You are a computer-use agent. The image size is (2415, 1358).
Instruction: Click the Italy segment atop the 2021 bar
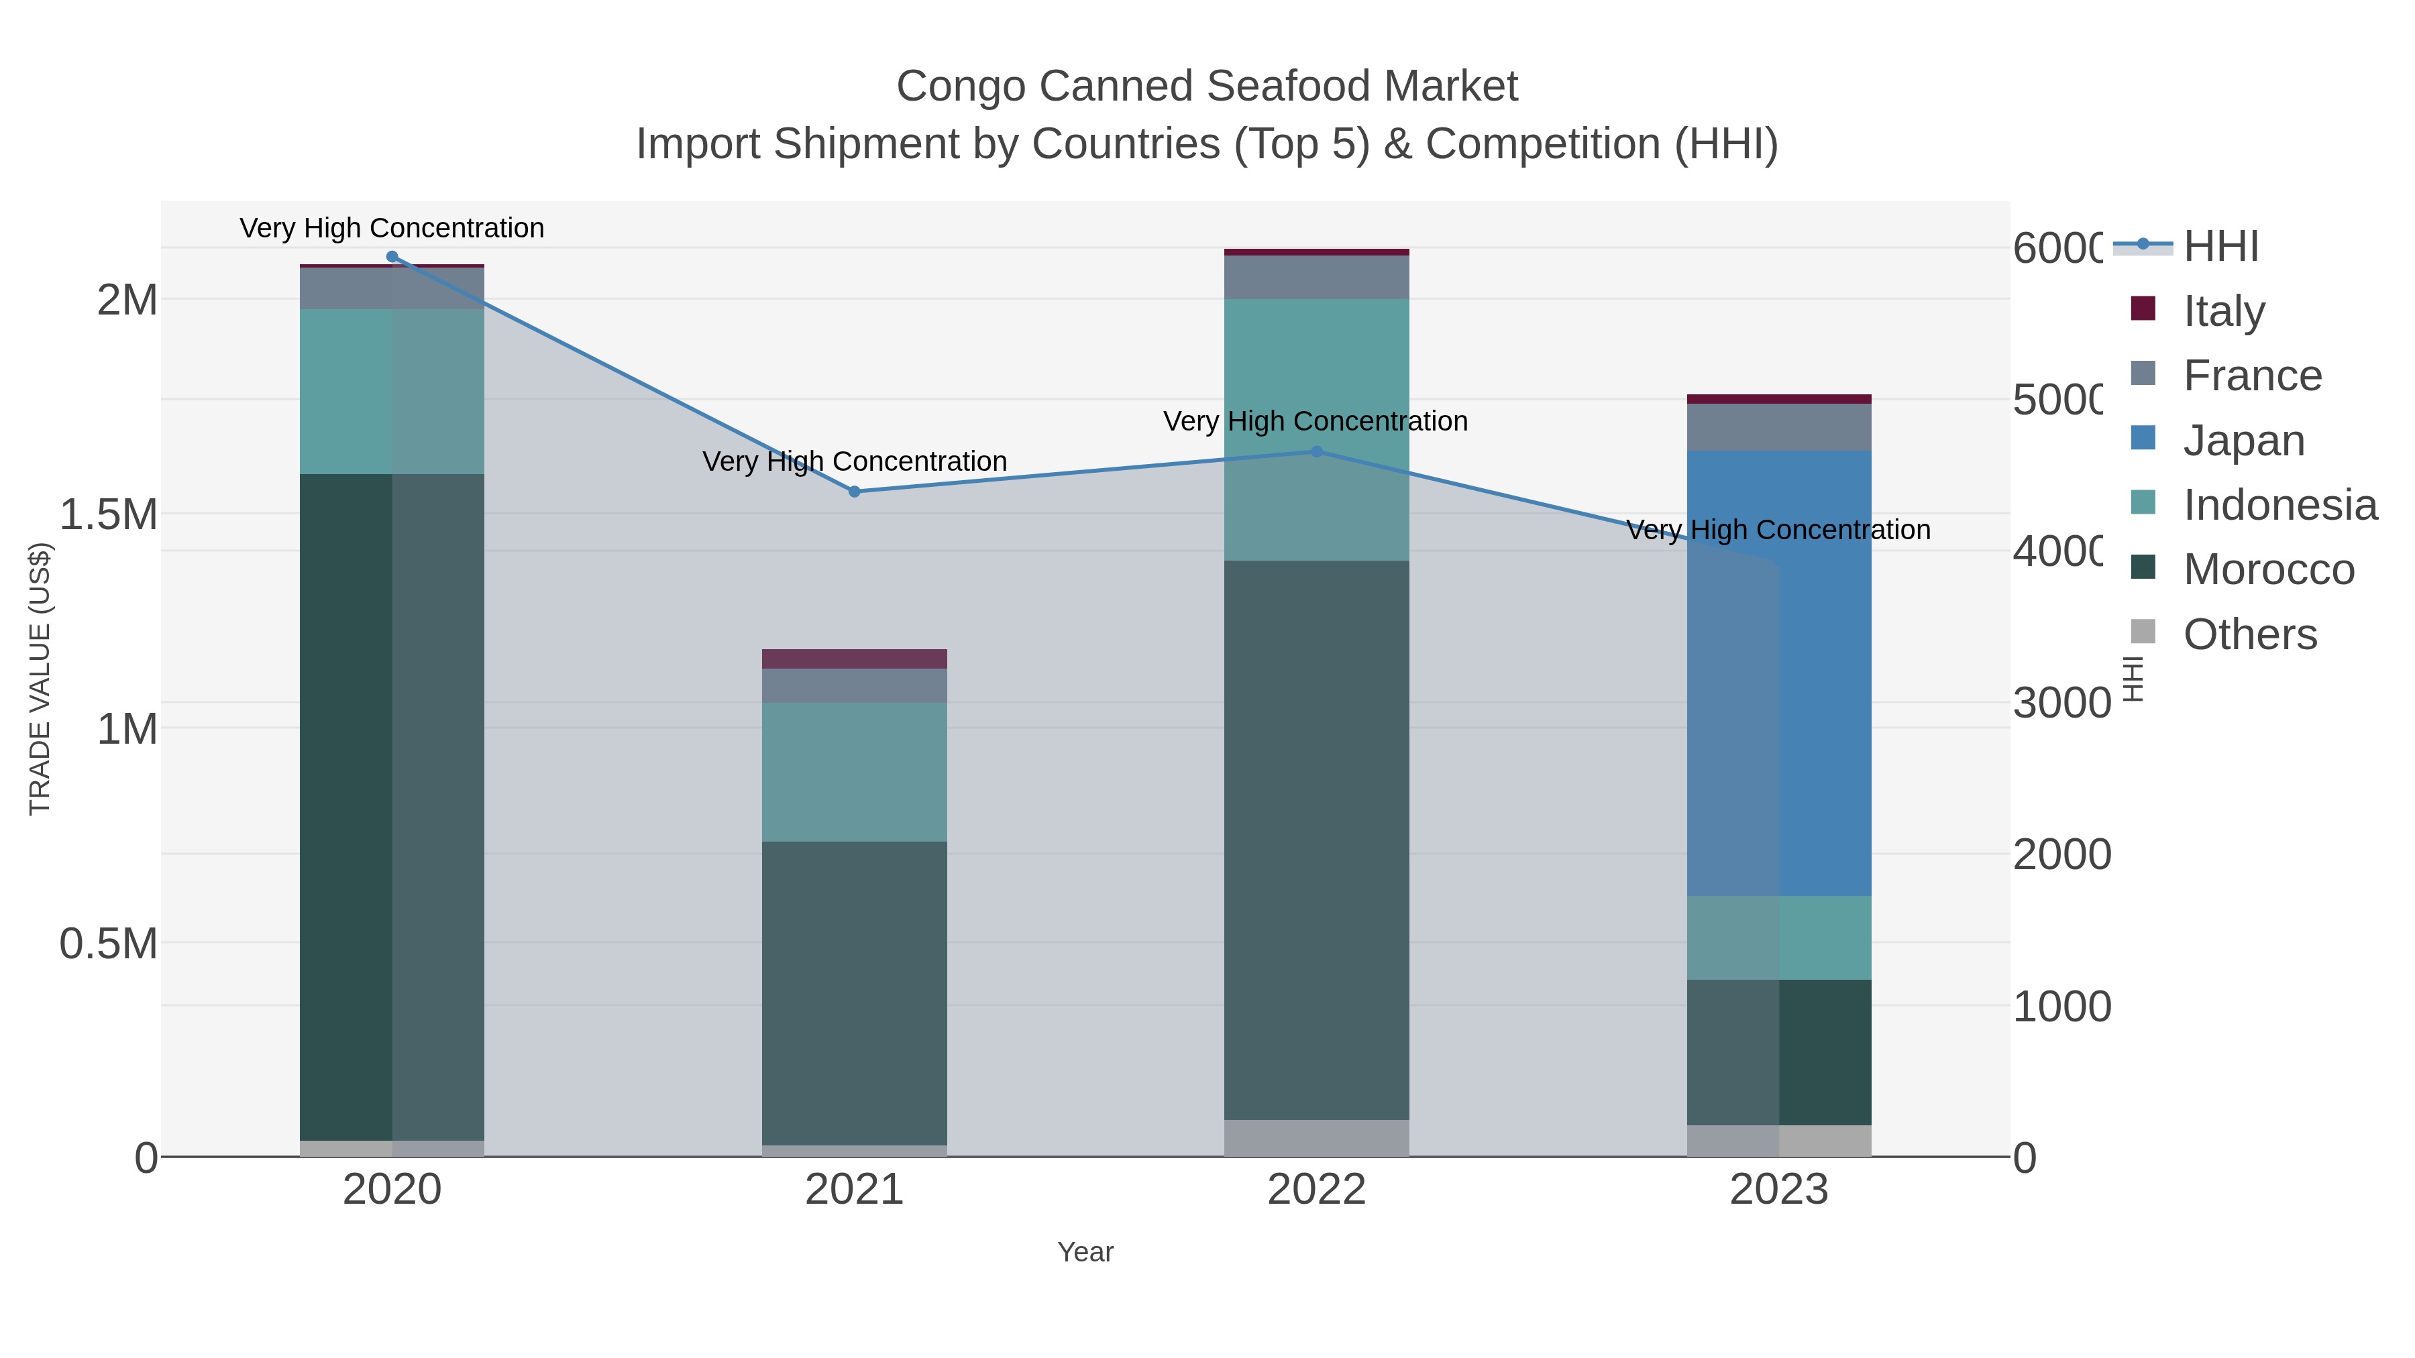click(x=854, y=658)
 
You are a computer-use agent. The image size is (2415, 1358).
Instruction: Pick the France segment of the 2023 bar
click(x=1778, y=427)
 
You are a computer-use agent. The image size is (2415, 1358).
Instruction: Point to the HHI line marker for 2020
click(x=392, y=257)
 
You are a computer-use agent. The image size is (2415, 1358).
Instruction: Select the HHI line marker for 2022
click(x=1316, y=452)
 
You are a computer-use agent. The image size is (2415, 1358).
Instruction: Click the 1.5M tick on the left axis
click(x=109, y=514)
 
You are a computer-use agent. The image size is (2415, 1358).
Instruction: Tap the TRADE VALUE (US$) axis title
click(x=40, y=679)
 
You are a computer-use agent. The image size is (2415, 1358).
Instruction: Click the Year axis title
click(x=1085, y=1252)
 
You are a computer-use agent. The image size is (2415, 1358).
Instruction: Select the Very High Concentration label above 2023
click(x=1778, y=530)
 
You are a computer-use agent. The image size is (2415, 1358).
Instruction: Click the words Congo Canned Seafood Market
click(x=1207, y=87)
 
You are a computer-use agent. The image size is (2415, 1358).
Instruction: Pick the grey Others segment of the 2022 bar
click(x=1316, y=1138)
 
